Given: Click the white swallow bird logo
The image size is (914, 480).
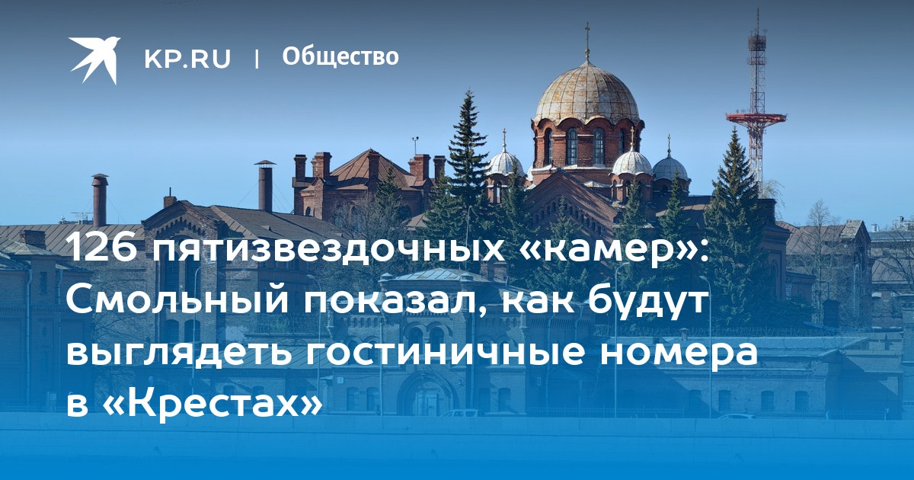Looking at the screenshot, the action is click(94, 59).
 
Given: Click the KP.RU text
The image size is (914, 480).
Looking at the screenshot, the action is click(187, 59).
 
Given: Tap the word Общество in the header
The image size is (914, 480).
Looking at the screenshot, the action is click(340, 56).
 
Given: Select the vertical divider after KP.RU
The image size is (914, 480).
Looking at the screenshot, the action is click(257, 59).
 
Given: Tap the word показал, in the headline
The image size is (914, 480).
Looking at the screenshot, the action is click(391, 303).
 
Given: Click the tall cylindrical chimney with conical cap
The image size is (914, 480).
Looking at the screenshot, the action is click(265, 187).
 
